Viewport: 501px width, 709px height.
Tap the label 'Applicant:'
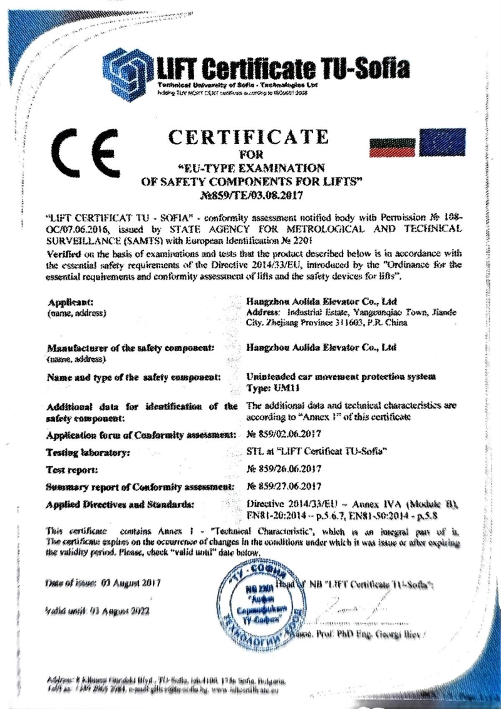(x=71, y=302)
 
